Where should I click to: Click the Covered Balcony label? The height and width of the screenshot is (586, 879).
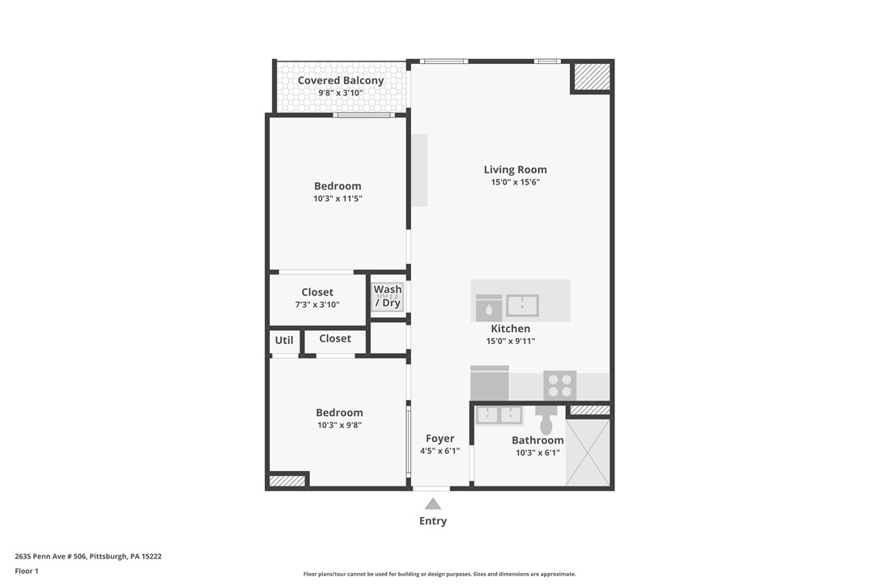click(x=340, y=80)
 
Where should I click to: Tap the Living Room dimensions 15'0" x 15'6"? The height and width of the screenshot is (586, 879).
click(x=515, y=182)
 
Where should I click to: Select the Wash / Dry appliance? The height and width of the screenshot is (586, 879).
click(x=388, y=296)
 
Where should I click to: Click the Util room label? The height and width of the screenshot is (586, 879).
click(x=284, y=340)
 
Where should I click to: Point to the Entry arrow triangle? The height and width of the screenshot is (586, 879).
click(x=433, y=503)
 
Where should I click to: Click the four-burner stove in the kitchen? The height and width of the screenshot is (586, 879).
click(x=559, y=384)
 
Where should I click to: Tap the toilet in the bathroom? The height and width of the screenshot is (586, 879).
click(x=546, y=422)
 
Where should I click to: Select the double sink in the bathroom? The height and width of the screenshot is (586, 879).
click(x=499, y=415)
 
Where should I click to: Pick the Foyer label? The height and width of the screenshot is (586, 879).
click(x=439, y=439)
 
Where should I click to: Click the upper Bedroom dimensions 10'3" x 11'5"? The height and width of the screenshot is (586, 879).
click(x=338, y=198)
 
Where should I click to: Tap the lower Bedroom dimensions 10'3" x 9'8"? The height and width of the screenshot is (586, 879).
click(x=339, y=425)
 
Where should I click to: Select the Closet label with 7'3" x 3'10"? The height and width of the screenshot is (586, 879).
click(x=317, y=292)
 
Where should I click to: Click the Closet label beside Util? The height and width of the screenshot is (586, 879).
click(x=335, y=338)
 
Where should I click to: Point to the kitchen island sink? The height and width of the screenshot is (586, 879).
click(x=522, y=305)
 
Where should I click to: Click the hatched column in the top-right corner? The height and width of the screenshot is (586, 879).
click(x=592, y=77)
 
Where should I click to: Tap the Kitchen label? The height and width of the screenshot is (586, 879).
click(x=511, y=329)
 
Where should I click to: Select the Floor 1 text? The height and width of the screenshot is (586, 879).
click(x=27, y=571)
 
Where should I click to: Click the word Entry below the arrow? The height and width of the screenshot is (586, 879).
click(x=433, y=521)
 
